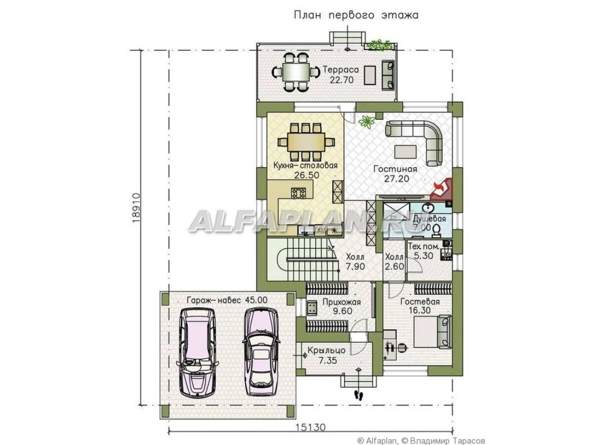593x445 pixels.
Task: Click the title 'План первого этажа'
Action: point(356,15)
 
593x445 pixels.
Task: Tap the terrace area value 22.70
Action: point(341,80)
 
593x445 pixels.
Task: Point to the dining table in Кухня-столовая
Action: point(306,142)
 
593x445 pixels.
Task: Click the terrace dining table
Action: point(296,72)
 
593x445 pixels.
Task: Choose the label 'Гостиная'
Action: point(395,169)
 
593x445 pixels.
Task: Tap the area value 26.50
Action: point(306,175)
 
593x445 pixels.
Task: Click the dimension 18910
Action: point(136,208)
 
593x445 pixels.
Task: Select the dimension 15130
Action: point(310,428)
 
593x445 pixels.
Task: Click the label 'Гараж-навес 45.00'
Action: point(227,300)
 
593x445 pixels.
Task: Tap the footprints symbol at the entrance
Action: point(359,395)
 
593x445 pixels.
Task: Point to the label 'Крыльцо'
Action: point(326,350)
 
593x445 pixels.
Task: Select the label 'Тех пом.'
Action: point(423,246)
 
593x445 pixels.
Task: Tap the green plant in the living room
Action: point(367,121)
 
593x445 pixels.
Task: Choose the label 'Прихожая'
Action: point(341,302)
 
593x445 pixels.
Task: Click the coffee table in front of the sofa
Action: point(405,152)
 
